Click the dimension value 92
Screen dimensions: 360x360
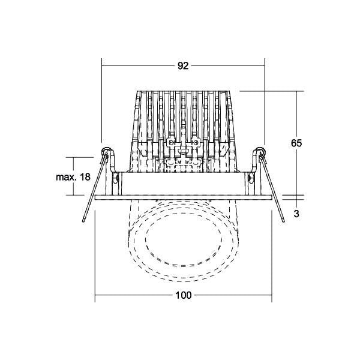click(183, 66)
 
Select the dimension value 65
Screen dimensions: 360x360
click(296, 143)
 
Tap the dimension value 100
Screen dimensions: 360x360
click(184, 295)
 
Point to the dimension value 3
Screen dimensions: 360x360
click(296, 214)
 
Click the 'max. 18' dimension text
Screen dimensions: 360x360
click(73, 177)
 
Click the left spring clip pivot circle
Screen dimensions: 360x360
click(106, 151)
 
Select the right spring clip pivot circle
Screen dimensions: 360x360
click(261, 151)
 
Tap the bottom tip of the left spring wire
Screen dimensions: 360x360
click(83, 221)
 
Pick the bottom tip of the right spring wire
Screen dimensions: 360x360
click(283, 221)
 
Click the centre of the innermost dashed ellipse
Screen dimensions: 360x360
click(184, 241)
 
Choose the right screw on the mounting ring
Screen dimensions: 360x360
click(251, 178)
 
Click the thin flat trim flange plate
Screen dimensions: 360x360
click(184, 197)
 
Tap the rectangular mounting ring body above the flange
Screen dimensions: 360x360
click(184, 184)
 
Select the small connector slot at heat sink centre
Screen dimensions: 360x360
click(183, 151)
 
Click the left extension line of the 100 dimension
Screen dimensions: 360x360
click(95, 256)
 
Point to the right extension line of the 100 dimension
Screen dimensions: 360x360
click(272, 256)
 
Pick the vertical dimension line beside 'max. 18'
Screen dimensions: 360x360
click(73, 176)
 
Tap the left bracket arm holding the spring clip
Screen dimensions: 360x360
click(112, 161)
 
